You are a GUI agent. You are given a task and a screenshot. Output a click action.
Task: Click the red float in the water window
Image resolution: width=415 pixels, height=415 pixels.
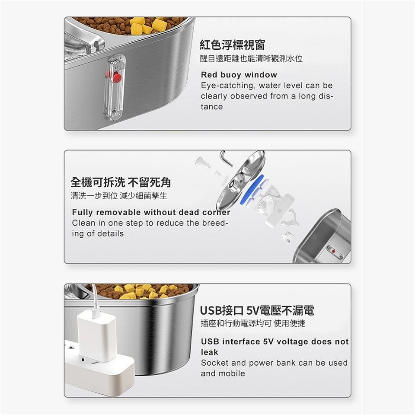117,77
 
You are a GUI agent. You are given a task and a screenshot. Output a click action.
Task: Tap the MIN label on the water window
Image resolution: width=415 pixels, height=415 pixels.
116,115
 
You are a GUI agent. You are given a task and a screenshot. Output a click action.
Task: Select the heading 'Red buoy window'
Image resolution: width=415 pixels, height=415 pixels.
239,75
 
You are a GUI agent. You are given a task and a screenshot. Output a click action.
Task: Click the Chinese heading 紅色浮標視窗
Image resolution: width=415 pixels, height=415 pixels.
233,45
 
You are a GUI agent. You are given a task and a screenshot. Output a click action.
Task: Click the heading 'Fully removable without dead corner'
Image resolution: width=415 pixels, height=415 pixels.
151,212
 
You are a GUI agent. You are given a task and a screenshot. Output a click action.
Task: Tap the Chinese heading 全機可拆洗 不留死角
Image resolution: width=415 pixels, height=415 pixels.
121,182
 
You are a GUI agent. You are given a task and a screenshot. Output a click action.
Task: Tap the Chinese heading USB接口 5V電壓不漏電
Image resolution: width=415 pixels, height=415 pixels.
257,310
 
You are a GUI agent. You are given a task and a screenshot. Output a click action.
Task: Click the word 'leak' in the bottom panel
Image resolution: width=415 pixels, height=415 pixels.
209,352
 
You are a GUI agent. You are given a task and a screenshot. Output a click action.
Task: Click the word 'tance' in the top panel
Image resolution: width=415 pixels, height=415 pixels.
212,107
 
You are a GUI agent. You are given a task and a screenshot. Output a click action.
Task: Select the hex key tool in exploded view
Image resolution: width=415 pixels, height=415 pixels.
225,158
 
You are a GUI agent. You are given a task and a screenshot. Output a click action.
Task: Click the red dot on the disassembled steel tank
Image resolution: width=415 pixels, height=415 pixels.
333,251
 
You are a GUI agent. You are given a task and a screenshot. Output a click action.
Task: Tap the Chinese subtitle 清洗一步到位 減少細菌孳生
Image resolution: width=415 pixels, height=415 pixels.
119,196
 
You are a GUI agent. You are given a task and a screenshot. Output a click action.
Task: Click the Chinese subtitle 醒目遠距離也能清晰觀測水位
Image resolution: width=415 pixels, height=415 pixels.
251,58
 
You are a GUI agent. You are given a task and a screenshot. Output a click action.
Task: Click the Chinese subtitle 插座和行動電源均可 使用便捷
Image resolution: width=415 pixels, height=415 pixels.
253,323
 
